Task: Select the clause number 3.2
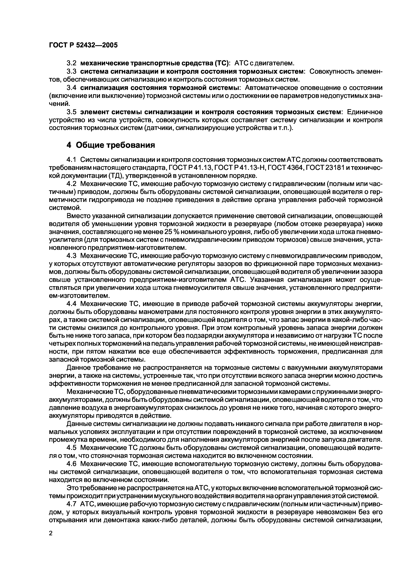(x=71, y=63)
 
